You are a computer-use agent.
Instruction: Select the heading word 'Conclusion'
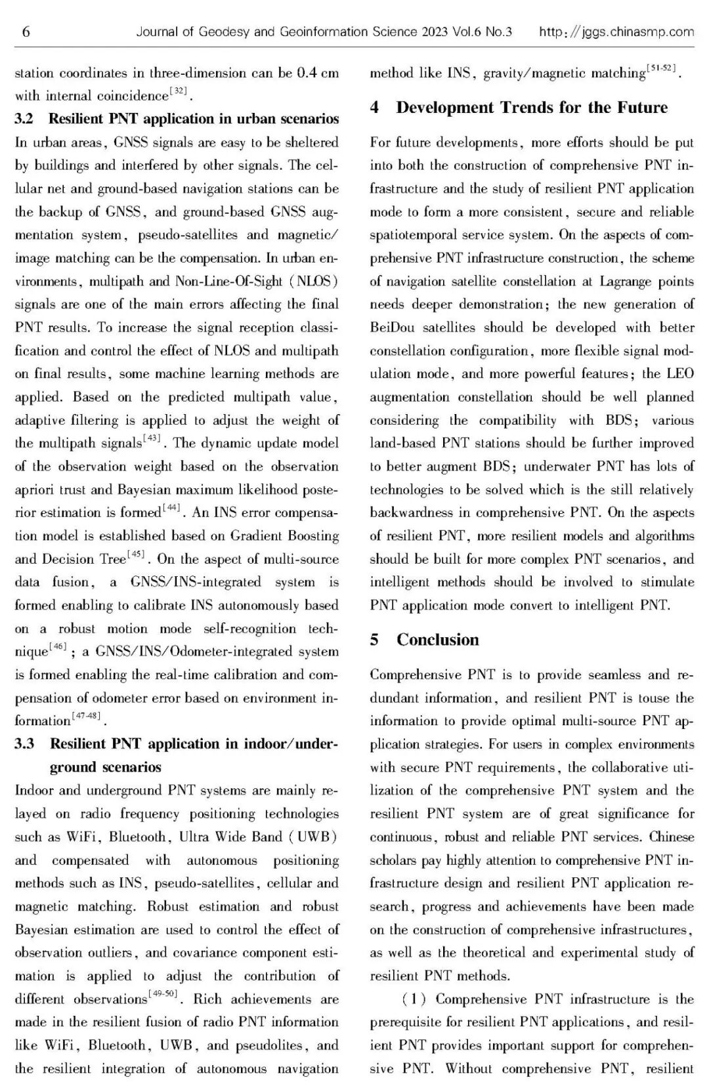[438, 640]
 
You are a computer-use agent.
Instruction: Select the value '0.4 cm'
[318, 73]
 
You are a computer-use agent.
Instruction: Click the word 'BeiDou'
[392, 327]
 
